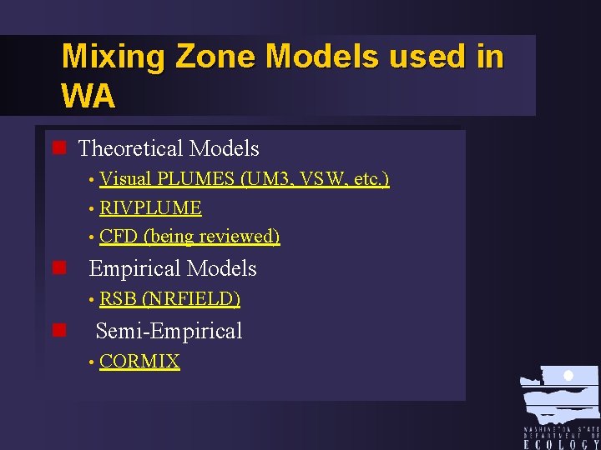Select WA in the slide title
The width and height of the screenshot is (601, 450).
(x=88, y=97)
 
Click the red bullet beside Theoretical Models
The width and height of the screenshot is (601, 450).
(x=58, y=149)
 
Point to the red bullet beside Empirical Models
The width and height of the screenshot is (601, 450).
(x=58, y=268)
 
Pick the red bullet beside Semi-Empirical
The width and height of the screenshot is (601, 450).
(x=58, y=331)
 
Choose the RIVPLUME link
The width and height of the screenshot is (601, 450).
(x=150, y=207)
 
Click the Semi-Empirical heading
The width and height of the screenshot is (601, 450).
(x=169, y=331)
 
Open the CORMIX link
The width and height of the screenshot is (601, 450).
(x=139, y=362)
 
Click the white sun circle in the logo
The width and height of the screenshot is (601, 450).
(x=568, y=376)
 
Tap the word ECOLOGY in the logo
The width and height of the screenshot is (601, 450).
(x=561, y=444)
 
